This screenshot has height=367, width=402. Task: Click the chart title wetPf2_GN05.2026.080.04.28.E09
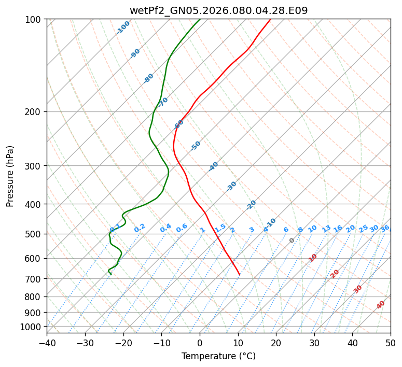click(218, 10)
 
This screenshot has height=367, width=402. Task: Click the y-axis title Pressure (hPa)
click(10, 176)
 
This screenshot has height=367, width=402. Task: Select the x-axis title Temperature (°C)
click(218, 356)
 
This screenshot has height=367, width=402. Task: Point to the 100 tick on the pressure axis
click(35, 20)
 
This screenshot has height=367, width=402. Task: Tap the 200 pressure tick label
click(35, 112)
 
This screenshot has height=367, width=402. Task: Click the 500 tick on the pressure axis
click(35, 234)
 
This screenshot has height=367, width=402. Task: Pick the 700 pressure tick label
click(35, 279)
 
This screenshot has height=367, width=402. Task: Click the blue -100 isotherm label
click(123, 27)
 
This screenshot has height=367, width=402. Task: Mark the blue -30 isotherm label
click(231, 186)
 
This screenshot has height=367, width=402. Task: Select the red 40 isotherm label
click(381, 305)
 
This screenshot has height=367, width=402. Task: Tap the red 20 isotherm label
click(335, 274)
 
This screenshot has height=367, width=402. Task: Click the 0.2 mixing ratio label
click(140, 229)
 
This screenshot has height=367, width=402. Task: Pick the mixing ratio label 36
click(385, 228)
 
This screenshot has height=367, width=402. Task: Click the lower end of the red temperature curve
click(240, 275)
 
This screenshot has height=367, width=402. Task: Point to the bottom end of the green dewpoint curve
click(110, 274)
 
